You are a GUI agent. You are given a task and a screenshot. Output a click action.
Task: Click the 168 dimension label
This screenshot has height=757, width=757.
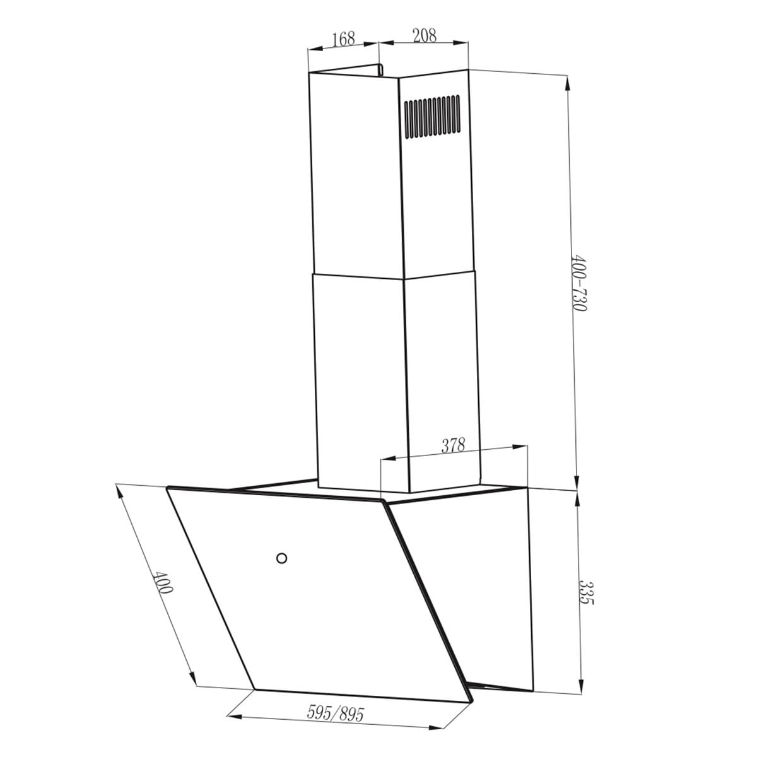(x=344, y=38)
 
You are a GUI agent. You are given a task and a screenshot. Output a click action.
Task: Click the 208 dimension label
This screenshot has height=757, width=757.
(x=425, y=35)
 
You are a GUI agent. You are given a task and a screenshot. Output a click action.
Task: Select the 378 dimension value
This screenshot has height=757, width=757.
(x=454, y=445)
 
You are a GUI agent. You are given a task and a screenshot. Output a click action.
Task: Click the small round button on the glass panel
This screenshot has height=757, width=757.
(x=281, y=558)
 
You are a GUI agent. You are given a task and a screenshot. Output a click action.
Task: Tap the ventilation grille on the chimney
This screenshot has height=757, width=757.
(x=432, y=117)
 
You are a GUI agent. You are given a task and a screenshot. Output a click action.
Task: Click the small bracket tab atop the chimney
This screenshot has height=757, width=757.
(x=380, y=69)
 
